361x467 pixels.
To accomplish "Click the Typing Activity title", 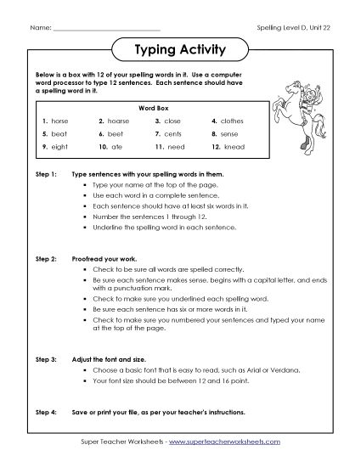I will point(180,50).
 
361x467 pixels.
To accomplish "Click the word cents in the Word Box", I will point(175,134).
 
